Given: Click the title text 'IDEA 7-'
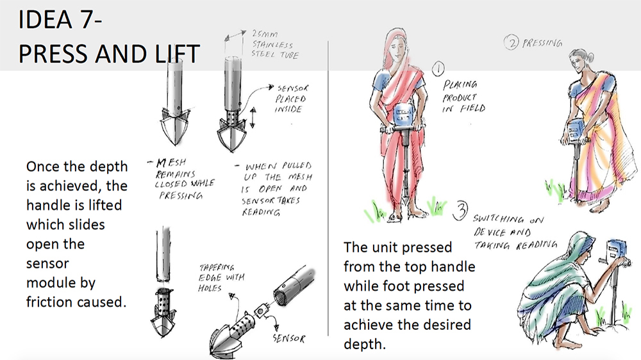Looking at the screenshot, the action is (x=60, y=19).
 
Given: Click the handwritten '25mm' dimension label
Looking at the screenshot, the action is (x=265, y=34).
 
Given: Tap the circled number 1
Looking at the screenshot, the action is (x=438, y=69).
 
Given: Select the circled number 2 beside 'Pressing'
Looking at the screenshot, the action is (x=511, y=42).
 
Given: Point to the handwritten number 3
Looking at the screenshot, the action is (x=460, y=211).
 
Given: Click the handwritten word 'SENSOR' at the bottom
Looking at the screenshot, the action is (x=289, y=338).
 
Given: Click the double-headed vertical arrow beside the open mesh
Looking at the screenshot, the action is (x=253, y=117).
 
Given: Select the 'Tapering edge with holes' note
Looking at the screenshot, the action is (x=221, y=278).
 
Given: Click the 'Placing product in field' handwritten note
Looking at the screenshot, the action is (x=464, y=97).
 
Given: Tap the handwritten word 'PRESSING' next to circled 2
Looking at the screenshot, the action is (x=542, y=43).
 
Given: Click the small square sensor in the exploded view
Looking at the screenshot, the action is (x=261, y=311).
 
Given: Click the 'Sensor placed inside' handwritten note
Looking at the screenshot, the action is (x=292, y=99).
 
